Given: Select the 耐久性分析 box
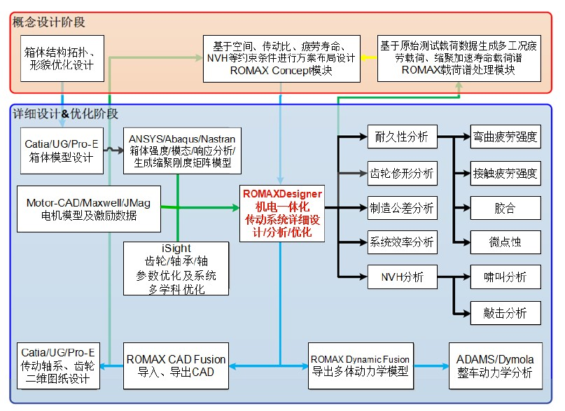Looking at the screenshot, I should pos(401,137).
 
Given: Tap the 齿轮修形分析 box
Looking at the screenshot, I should pos(401,172).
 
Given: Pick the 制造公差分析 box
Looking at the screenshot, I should pos(401,207).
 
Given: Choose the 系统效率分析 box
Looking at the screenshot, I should pos(401,242).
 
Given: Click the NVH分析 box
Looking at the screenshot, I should pos(401,277).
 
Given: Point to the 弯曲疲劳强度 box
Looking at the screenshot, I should pos(505,137).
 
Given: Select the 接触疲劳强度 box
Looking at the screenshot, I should pos(505,172).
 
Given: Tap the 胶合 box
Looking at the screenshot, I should pos(505,207).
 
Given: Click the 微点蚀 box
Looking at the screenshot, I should pos(505,242).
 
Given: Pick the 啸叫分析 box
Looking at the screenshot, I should pos(505,277).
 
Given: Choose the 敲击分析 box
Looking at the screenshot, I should pos(505,312).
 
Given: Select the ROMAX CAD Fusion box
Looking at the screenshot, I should pos(176,365).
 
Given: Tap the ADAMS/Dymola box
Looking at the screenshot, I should pos(494,365).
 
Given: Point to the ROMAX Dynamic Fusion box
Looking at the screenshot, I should pos(359,365).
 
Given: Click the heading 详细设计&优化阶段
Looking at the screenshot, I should pos(66,113).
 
